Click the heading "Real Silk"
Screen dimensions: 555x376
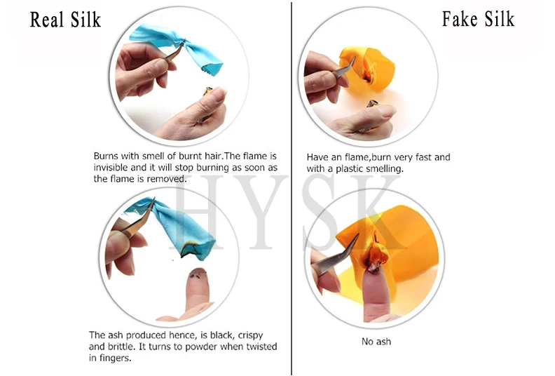click(65, 20)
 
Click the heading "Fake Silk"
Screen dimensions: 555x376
click(478, 19)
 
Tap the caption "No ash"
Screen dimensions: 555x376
click(376, 342)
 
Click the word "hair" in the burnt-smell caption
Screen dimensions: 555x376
click(214, 156)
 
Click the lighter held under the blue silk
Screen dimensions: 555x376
click(206, 103)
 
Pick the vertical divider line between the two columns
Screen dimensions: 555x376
click(292, 188)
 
